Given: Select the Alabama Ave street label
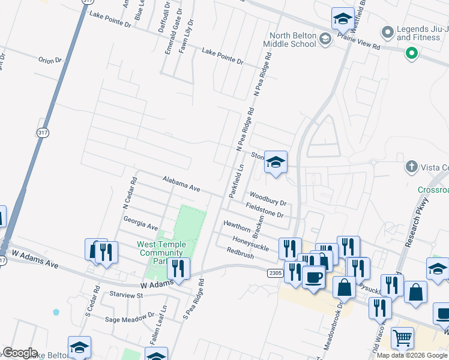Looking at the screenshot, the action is pos(181,184).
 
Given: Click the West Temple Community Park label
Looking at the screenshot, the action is pos(161,253).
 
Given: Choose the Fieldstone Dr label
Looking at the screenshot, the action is pos(264,210).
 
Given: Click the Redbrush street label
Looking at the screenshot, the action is pos(241,254).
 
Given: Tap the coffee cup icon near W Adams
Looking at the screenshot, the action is pos(313,278).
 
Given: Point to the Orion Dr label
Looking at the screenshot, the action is pos(50,60).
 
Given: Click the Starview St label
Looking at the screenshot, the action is pos(125,295).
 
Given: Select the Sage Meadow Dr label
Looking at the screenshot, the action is pos(130,319).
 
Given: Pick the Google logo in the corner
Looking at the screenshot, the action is pos(19,353).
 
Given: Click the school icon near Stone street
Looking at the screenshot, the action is pos(276,161).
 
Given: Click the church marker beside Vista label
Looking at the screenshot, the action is pos(412,166).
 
